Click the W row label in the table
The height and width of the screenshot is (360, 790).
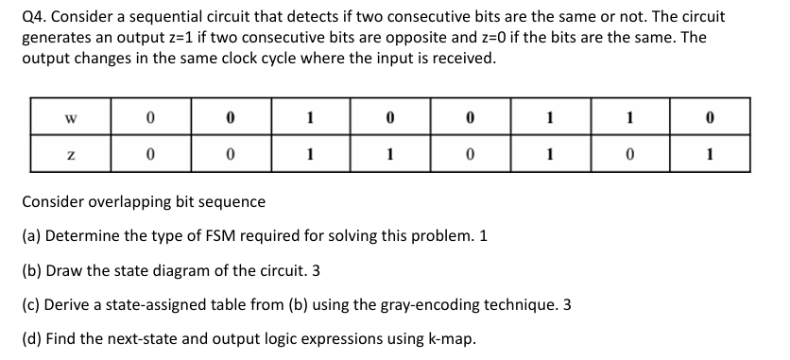pos(71,120)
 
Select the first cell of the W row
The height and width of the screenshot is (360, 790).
pos(150,120)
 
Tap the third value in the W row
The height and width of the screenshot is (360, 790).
pos(311,120)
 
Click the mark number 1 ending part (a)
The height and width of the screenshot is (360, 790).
pos(484,236)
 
